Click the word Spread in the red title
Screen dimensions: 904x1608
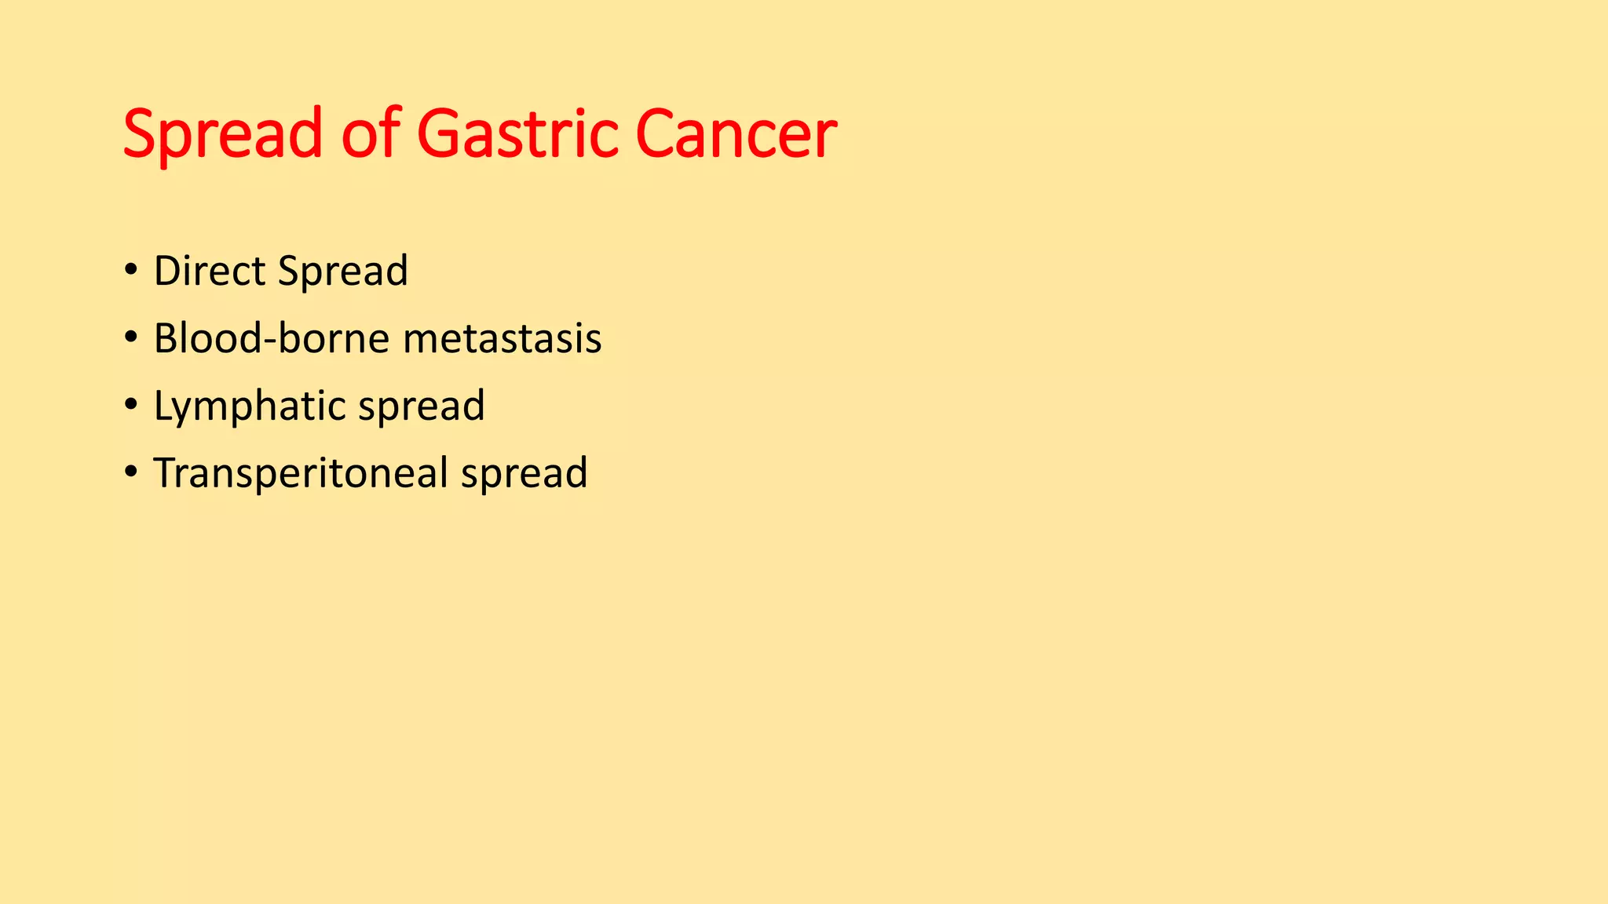(222, 134)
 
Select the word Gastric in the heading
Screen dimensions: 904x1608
(518, 133)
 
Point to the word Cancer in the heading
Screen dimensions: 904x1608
(736, 134)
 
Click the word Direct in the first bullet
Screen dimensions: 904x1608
(210, 271)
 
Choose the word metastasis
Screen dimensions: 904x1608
(502, 339)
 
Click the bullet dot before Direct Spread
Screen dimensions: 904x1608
(130, 270)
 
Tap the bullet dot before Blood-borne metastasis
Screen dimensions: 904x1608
(130, 337)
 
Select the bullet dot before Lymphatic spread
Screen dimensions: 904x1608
(130, 405)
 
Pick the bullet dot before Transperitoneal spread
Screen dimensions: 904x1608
(130, 472)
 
